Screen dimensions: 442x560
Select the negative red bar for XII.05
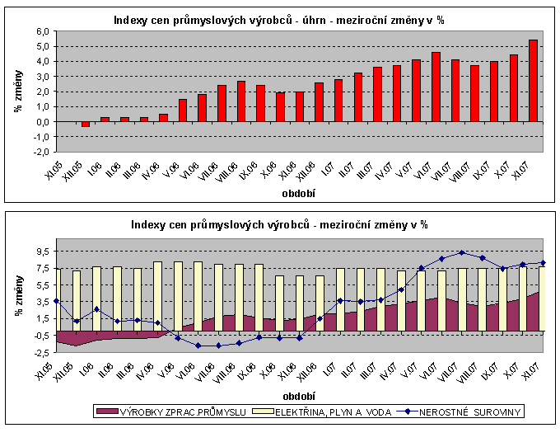pos(85,124)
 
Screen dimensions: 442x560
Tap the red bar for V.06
pos(182,110)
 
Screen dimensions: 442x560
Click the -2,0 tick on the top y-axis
pos(41,152)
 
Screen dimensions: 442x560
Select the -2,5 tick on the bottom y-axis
pos(41,351)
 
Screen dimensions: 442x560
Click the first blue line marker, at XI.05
pos(56,301)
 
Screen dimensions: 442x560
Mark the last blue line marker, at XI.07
pos(543,263)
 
